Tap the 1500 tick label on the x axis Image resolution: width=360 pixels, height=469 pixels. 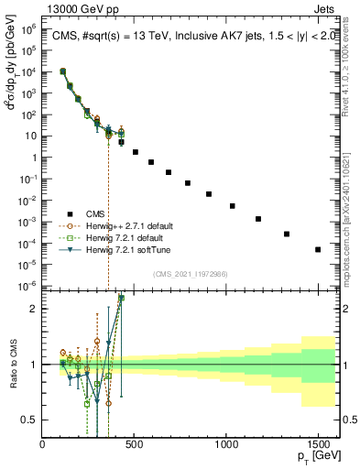(x=318, y=443)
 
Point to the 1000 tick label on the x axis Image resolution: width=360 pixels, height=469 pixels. (x=226, y=443)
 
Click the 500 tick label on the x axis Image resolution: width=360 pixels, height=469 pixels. (x=135, y=443)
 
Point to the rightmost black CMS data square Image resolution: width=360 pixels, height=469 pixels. (x=318, y=249)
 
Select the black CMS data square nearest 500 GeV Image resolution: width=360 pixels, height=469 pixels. (x=136, y=152)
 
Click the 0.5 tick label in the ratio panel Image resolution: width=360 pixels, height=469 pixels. (x=29, y=420)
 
